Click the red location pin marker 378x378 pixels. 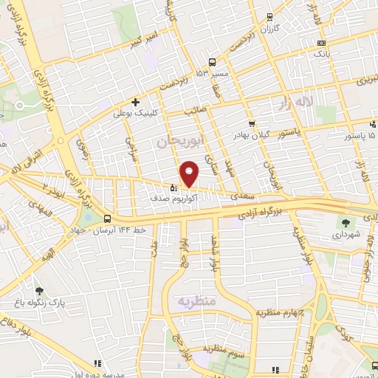click(x=190, y=173)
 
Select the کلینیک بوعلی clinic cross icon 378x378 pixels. click(x=135, y=102)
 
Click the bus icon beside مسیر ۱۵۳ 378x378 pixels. click(x=213, y=63)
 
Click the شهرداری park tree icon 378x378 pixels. click(x=345, y=221)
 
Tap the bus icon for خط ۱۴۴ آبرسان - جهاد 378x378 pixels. click(x=109, y=219)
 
